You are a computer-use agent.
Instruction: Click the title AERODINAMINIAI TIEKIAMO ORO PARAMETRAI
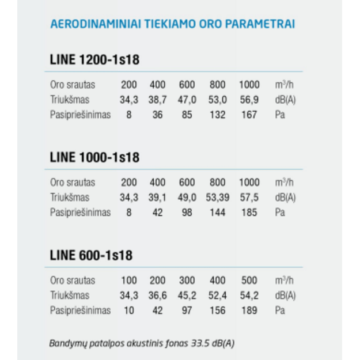173,24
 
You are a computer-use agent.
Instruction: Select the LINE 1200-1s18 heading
94,60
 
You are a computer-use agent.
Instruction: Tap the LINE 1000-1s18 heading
94,157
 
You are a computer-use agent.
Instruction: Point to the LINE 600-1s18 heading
91,255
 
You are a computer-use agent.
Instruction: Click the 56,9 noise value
249,100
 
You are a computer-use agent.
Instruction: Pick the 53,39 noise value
218,198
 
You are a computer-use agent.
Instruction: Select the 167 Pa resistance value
249,115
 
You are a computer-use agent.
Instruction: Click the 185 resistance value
249,213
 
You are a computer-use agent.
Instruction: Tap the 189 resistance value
249,310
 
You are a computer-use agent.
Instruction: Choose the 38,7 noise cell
157,100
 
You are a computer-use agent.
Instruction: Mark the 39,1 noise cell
157,198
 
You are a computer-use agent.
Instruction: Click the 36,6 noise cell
157,295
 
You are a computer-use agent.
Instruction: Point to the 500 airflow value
249,281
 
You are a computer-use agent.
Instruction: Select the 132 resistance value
217,115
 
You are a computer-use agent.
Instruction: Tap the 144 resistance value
217,213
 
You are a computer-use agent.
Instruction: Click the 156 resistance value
217,310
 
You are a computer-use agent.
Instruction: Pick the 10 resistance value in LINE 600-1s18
129,310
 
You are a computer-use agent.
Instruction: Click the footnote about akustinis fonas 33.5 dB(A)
142,343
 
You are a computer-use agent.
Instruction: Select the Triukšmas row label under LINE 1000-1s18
70,198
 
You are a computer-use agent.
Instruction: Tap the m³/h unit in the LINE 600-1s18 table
285,281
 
